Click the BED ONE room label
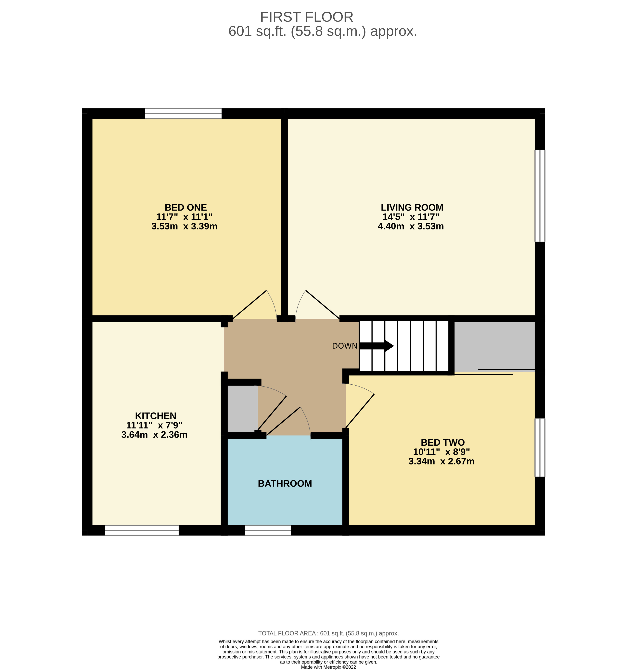[186, 208]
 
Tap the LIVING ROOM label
[412, 208]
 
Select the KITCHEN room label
[155, 416]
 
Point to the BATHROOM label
[285, 484]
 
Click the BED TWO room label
[443, 442]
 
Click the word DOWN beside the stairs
[344, 346]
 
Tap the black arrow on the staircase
[377, 346]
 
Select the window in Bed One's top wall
[183, 114]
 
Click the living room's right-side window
[540, 196]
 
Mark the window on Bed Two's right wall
[540, 448]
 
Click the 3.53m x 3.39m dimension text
[184, 227]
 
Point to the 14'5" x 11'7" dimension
[411, 217]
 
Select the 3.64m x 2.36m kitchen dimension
[154, 435]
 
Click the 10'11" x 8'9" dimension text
[441, 452]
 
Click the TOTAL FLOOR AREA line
[328, 633]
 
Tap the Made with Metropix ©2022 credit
[328, 667]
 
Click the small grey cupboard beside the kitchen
[242, 408]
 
